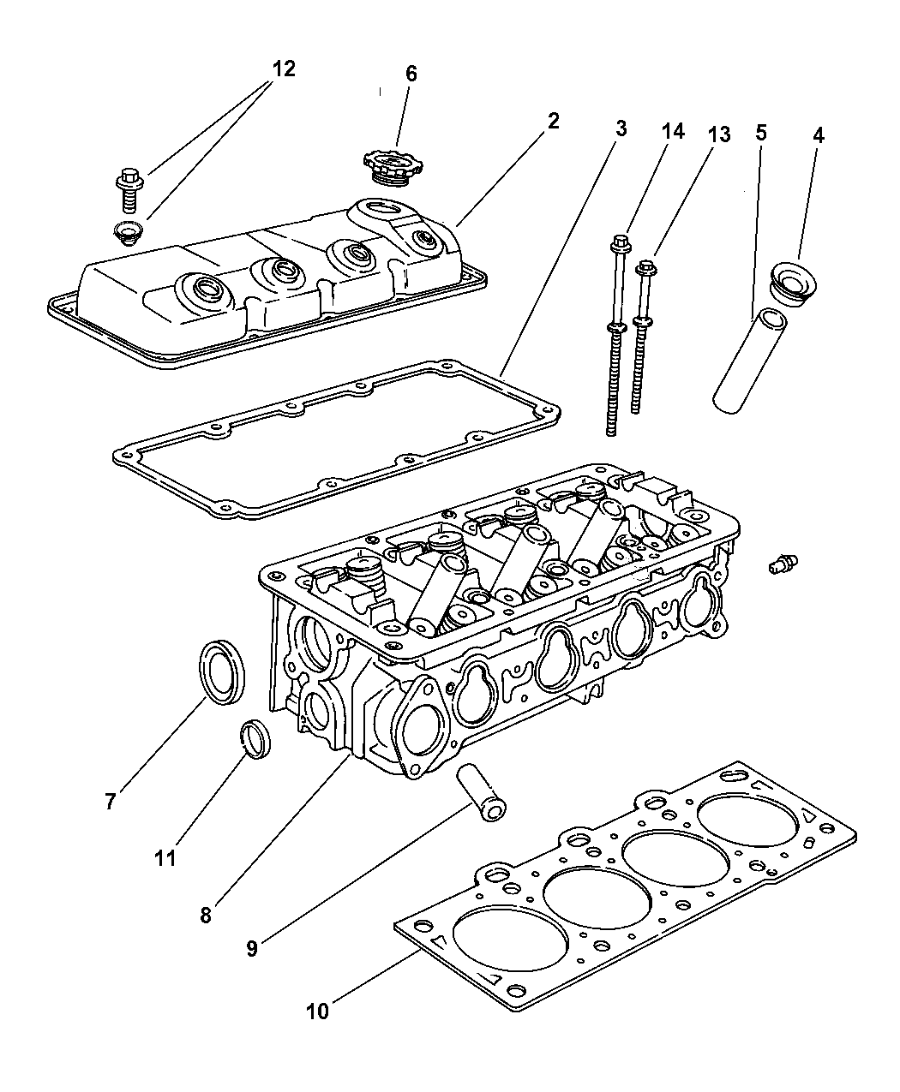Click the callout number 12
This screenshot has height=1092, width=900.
pos(283,69)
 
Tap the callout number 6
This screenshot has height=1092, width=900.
pos(411,74)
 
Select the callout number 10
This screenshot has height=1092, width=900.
pos(317,1011)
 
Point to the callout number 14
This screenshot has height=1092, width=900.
pos(673,131)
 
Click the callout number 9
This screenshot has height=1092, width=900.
pos(251,948)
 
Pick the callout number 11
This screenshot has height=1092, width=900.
pos(165,857)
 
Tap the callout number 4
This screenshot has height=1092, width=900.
pos(819,134)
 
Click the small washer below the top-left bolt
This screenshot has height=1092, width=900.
pos(128,230)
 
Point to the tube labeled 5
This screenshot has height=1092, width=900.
pos(747,363)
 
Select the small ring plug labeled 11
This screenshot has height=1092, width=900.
pos(254,739)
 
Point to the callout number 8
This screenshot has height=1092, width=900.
pos(206,915)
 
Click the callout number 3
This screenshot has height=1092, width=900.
pos(621,129)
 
